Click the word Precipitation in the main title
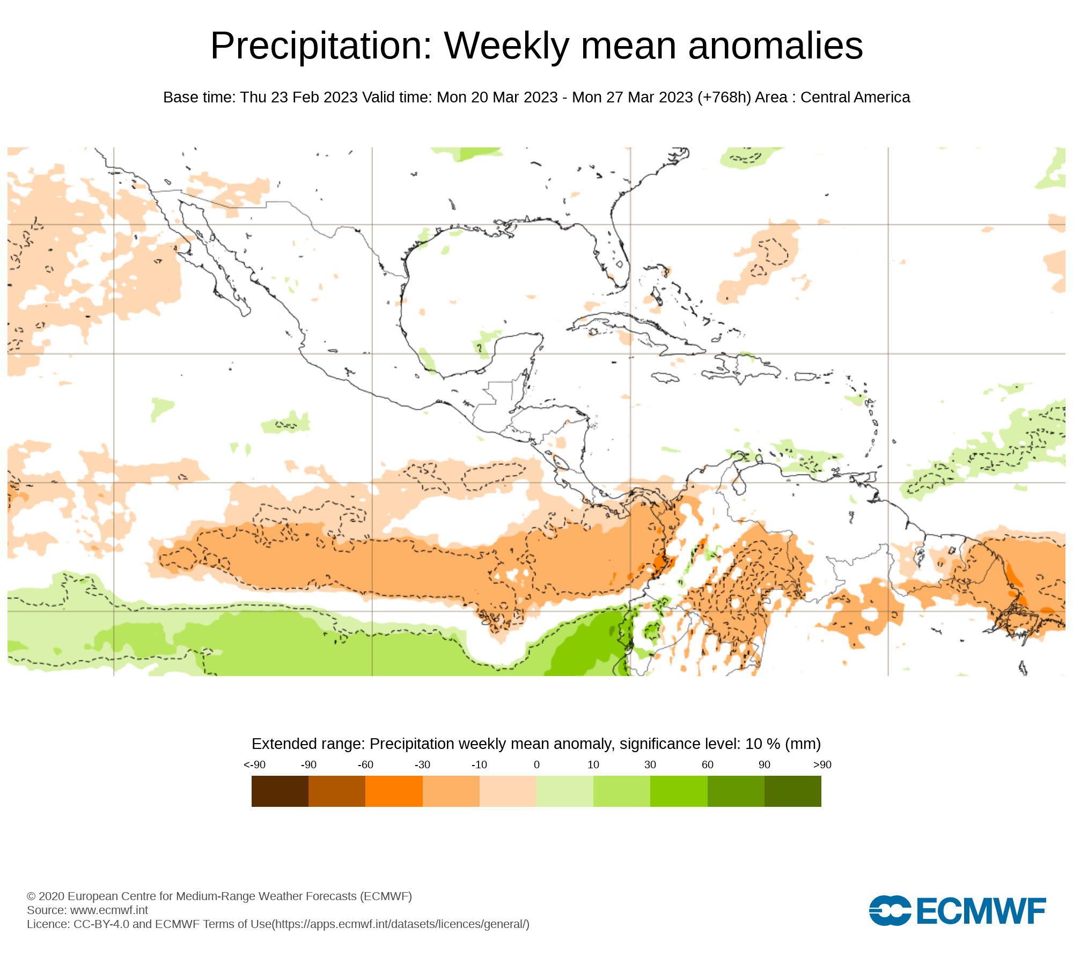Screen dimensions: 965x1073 (321, 46)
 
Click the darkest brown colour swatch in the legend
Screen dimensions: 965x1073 (280, 791)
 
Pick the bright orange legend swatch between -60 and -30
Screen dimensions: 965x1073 (394, 791)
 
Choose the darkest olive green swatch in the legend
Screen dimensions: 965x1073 (792, 791)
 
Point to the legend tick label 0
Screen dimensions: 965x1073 (536, 764)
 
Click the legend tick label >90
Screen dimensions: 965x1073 (822, 764)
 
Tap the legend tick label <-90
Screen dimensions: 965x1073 (254, 764)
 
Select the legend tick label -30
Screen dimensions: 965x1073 (422, 764)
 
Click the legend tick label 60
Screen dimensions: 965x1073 (707, 764)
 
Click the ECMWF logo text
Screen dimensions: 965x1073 (981, 911)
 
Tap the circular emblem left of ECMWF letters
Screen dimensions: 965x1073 (890, 910)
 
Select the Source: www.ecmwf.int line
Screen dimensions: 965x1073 (87, 910)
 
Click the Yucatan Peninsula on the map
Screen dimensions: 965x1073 (515, 357)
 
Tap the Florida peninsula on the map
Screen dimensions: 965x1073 (614, 252)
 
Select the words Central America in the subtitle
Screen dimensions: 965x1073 (855, 98)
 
